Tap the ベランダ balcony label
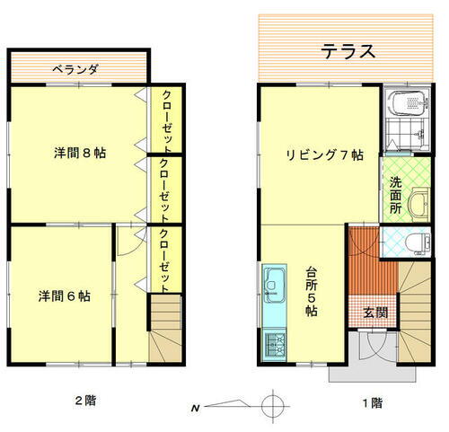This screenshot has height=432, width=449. pos(74,68)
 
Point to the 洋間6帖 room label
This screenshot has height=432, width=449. pos(64,295)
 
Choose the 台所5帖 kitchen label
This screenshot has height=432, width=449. pos(311,290)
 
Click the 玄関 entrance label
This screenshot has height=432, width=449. pos(375,313)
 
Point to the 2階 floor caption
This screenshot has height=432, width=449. pos(84,401)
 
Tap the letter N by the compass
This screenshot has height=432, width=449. pos(194,409)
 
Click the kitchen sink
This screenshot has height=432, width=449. pos(274,286)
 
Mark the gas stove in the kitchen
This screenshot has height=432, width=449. pos(274,345)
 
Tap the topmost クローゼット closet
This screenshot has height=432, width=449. pos(167,120)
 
